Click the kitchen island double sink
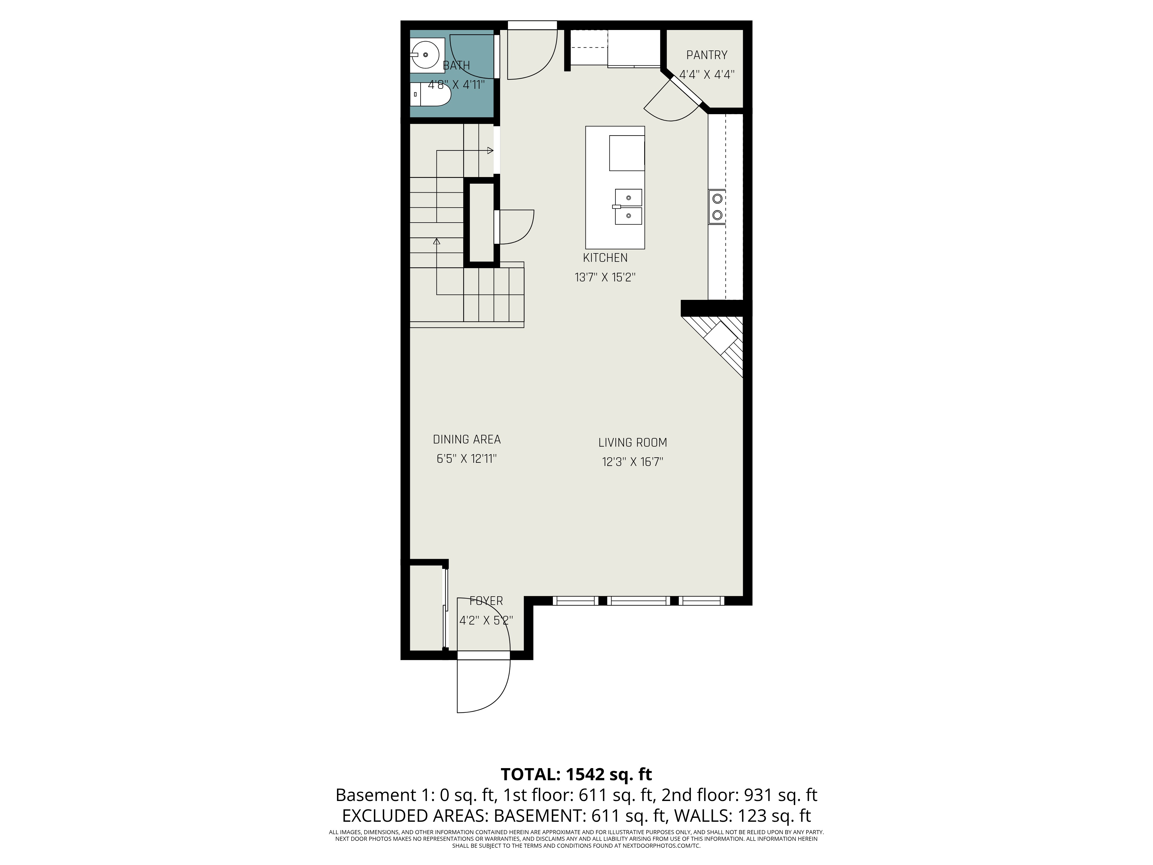628,206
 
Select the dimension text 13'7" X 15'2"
605,277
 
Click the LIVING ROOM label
632,443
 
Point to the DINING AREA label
466,439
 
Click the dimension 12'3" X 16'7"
632,462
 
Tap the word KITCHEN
605,257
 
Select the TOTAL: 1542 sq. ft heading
576,774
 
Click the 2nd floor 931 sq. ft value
738,795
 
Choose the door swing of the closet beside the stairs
516,227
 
